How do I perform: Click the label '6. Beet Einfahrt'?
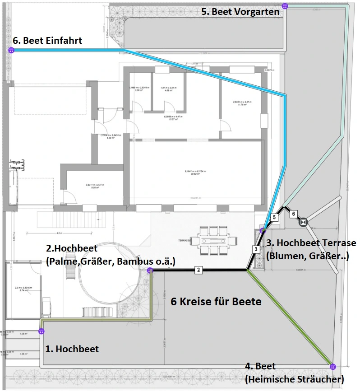[47, 41]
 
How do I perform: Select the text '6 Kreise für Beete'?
[216, 302]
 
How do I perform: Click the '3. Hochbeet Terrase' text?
[311, 243]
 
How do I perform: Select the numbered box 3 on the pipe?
[255, 249]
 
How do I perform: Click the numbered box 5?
[273, 218]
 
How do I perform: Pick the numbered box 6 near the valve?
[293, 213]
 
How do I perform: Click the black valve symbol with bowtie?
[303, 222]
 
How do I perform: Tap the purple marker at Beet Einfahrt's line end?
[11, 51]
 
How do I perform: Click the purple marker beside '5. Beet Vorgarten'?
[285, 6]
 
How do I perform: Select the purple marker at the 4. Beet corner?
[333, 366]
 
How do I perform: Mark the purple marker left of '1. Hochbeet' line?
[42, 331]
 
